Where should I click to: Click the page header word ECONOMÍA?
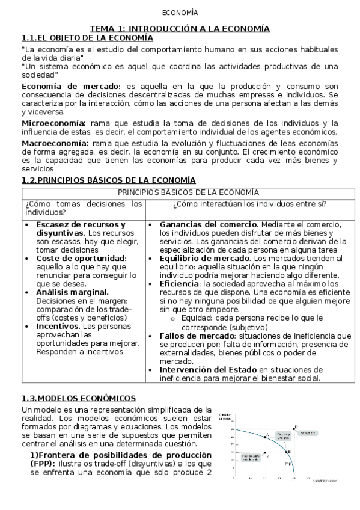180,13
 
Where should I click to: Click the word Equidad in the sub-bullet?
195,317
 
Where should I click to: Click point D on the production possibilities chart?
294,426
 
